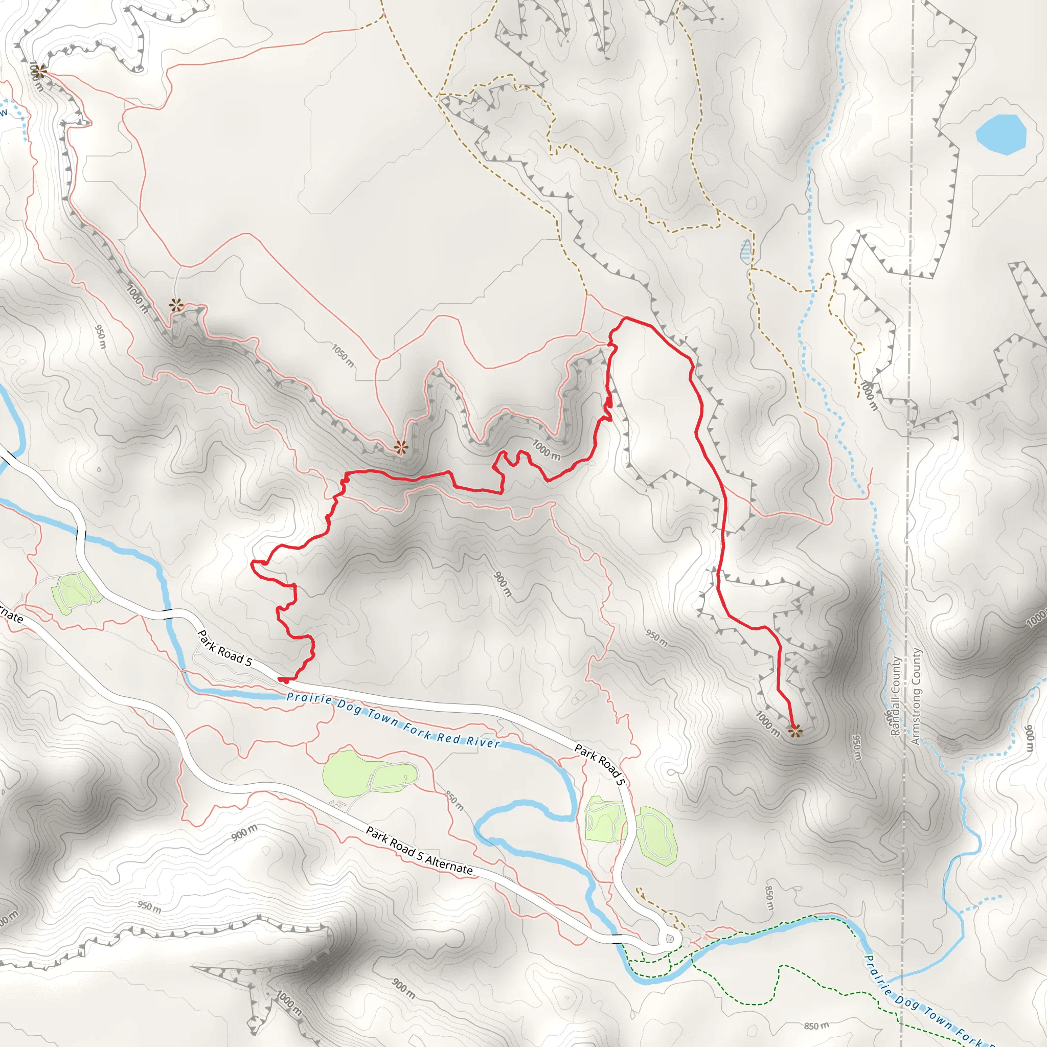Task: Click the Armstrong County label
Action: coord(916,696)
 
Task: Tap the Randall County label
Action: coord(895,696)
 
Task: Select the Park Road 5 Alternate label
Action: coord(419,850)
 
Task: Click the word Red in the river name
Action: coord(449,738)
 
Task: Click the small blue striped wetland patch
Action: coord(746,252)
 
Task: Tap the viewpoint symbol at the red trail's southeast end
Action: coord(795,732)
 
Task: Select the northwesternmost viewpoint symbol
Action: coord(38,71)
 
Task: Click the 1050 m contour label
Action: coord(343,355)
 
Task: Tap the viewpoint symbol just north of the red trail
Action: coord(400,448)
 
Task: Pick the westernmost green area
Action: coord(76,593)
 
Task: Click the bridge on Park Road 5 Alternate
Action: coord(617,939)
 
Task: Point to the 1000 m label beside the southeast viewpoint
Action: coord(768,724)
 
